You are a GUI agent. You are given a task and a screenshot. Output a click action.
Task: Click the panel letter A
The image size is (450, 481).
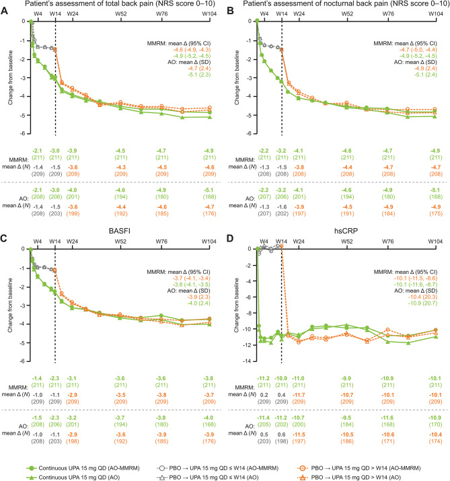pyautogui.click(x=5, y=6)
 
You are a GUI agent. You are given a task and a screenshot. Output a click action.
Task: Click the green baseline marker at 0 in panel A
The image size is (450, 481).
pyautogui.click(x=31, y=22)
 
